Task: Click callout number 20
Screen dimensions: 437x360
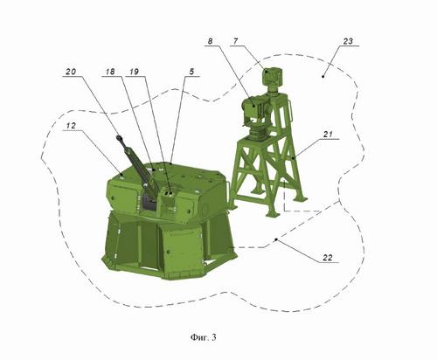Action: (71, 72)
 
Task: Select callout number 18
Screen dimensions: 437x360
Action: (110, 72)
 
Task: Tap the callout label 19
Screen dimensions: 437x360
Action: (134, 72)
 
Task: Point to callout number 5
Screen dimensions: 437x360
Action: (191, 72)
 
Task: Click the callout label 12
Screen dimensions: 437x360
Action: (71, 126)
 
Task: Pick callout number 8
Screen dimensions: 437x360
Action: (210, 41)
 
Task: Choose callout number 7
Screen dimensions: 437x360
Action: (235, 41)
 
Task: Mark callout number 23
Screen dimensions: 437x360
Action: (348, 41)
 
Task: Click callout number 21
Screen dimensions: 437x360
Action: (328, 135)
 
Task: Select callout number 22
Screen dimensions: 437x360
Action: (328, 258)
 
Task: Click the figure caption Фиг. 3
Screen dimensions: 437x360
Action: (204, 337)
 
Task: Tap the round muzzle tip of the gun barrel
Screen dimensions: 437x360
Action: (119, 138)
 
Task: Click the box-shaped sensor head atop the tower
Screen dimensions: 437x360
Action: (274, 76)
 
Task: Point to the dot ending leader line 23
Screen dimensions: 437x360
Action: (323, 77)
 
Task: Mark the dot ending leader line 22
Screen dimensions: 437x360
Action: (276, 239)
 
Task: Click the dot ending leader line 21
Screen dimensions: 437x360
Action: (293, 157)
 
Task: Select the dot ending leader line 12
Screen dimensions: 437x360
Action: (121, 175)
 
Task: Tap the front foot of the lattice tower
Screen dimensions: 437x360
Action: (273, 214)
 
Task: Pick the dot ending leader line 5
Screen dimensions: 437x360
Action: (170, 163)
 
